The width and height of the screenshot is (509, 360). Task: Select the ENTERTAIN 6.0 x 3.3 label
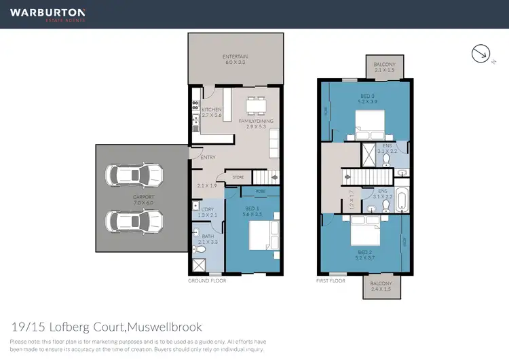point(235,59)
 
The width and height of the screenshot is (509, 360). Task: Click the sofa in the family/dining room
point(274,143)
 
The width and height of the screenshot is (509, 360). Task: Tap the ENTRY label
point(208,158)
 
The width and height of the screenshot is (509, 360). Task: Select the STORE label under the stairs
point(238,177)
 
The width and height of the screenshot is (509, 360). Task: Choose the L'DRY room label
point(208,212)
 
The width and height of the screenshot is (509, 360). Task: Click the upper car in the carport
point(134,175)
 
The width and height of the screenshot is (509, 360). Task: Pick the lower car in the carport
point(134,220)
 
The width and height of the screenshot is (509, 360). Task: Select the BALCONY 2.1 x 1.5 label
point(384,69)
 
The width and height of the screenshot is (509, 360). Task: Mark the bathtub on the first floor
point(401,200)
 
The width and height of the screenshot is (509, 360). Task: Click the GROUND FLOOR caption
point(207,281)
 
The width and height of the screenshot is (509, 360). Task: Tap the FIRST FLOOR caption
point(331,281)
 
